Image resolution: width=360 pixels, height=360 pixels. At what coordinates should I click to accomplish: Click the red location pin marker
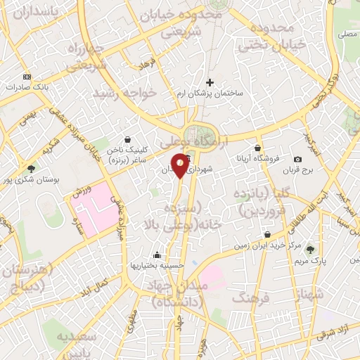(181, 165)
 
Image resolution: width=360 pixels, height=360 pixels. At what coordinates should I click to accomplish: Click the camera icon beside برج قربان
(297, 160)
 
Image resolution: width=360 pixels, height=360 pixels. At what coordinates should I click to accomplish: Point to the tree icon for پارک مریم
(311, 250)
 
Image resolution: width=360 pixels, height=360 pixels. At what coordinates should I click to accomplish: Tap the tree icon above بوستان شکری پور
(31, 169)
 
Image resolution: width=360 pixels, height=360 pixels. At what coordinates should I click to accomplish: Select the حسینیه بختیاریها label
(156, 265)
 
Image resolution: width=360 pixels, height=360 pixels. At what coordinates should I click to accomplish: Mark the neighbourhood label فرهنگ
(255, 298)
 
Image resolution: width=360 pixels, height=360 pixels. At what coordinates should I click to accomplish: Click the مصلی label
(347, 33)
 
